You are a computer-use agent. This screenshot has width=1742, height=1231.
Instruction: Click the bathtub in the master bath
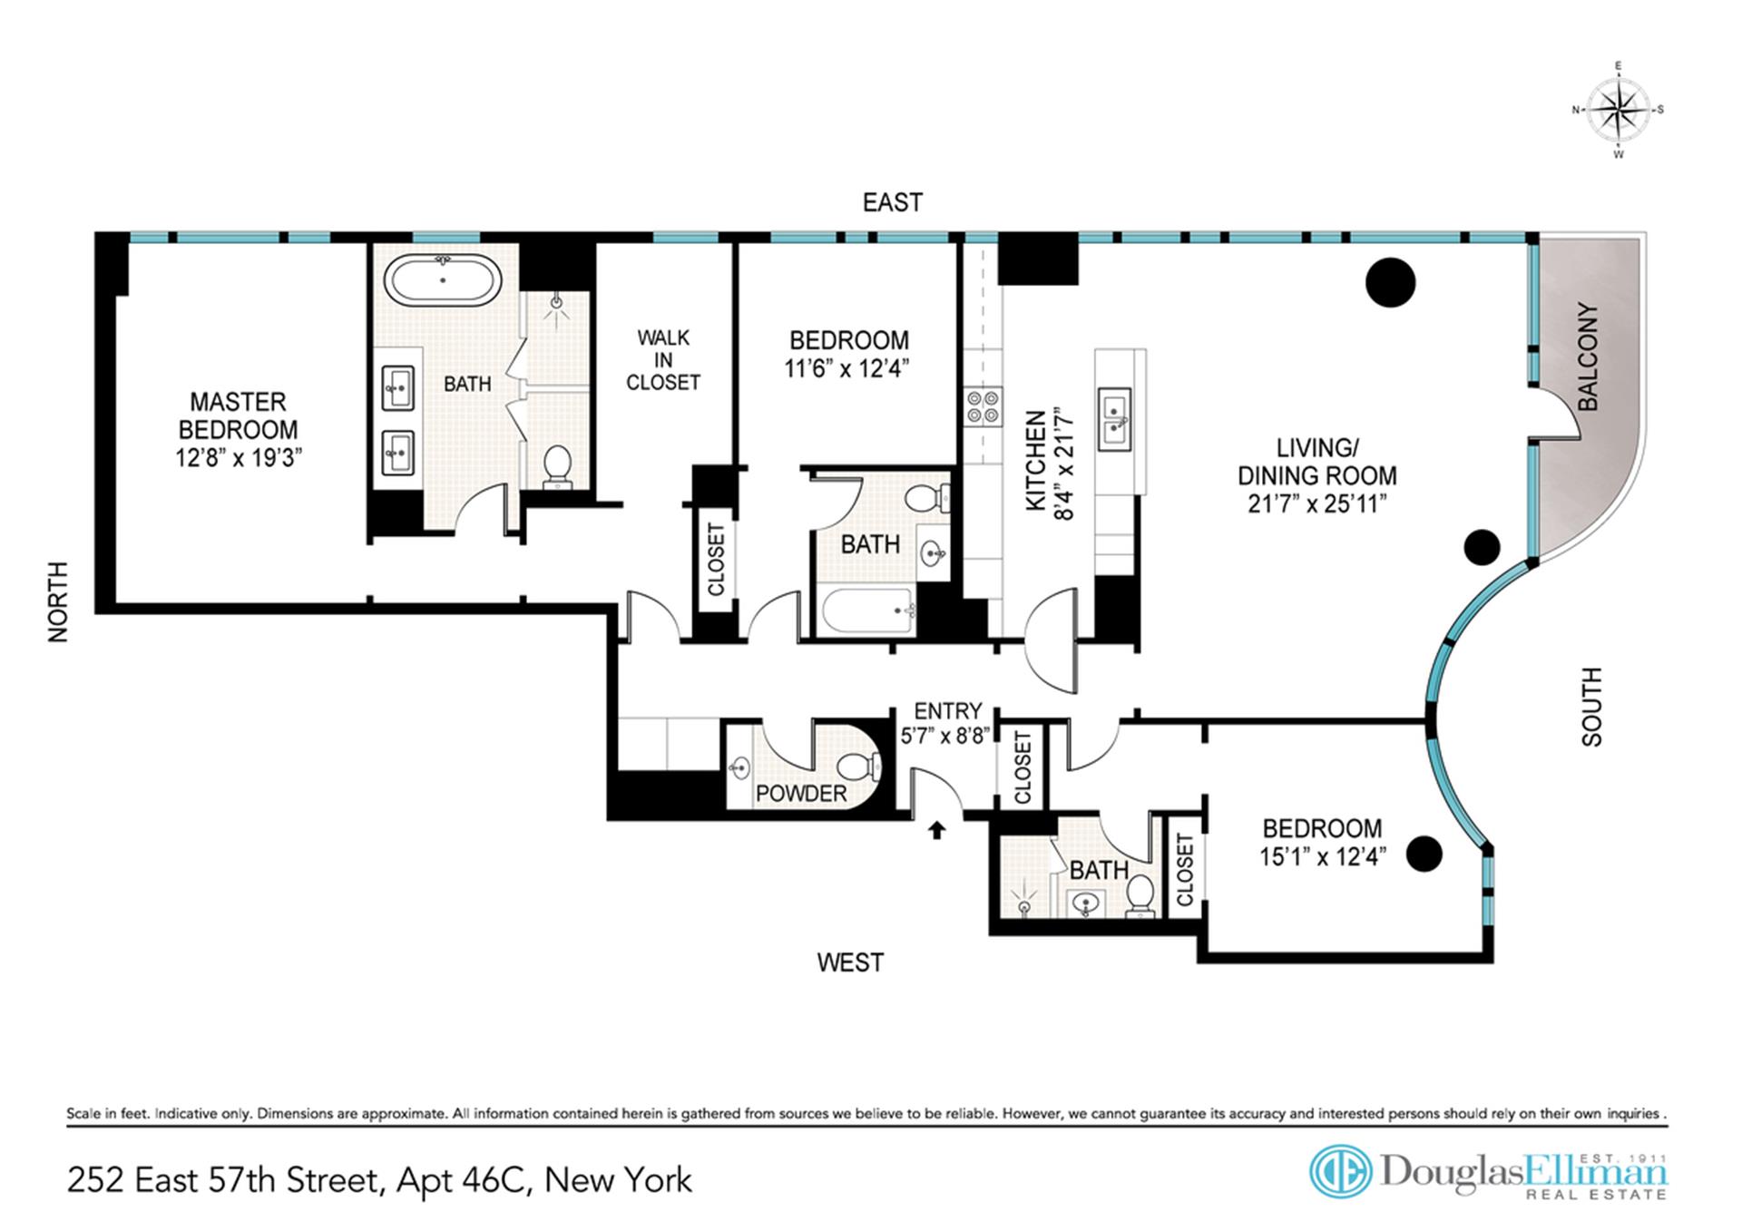443,280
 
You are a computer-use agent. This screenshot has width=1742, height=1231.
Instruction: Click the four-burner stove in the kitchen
983,406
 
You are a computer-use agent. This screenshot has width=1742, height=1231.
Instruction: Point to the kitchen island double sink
1114,418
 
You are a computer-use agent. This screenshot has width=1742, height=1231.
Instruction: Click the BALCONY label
1588,357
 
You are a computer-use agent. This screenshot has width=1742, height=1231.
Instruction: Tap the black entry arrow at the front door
936,829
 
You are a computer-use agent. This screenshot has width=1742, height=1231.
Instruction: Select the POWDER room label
800,794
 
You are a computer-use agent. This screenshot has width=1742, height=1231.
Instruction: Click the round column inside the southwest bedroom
1424,853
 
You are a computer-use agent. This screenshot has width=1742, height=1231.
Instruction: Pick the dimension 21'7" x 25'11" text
1316,503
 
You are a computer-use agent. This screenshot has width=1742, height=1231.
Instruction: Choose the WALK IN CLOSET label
663,360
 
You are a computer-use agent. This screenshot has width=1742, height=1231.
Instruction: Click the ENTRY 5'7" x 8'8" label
947,723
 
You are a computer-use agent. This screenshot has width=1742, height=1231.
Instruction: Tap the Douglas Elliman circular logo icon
1340,1172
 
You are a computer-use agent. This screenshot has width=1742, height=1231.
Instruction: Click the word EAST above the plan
892,202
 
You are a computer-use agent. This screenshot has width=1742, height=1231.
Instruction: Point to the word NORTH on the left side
58,601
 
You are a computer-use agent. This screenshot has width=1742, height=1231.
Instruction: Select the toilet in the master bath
557,465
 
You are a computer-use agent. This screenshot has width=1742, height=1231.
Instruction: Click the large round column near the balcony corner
1389,282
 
